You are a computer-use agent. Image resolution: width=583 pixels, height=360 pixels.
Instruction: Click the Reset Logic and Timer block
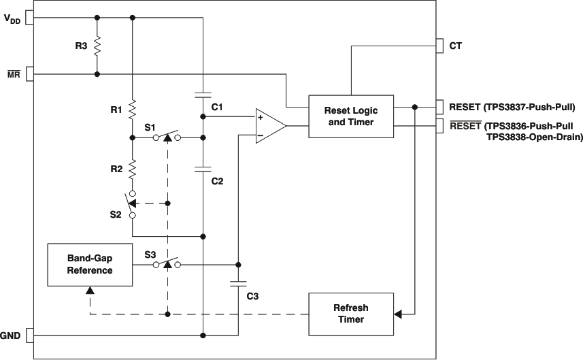(351, 116)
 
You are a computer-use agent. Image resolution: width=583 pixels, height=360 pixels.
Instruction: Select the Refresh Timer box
(351, 313)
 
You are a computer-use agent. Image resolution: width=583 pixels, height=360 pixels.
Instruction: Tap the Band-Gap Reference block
(90, 265)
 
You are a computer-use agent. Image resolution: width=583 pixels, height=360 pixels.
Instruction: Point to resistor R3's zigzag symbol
(97, 46)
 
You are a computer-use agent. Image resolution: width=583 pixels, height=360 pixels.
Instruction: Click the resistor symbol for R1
(132, 109)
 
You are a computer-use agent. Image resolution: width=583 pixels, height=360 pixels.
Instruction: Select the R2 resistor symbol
(132, 167)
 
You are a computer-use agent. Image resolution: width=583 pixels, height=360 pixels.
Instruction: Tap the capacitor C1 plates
(203, 95)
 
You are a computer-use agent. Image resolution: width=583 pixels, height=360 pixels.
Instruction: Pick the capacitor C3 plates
(238, 285)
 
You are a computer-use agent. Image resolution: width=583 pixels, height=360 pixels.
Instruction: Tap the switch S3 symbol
(167, 264)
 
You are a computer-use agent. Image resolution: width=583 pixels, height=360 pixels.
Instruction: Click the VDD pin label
(12, 20)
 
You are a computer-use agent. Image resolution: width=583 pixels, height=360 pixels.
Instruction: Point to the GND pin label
(10, 336)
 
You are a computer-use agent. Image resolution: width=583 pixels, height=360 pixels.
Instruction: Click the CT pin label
(456, 46)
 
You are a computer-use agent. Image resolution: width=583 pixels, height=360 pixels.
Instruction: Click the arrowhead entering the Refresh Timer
(399, 314)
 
